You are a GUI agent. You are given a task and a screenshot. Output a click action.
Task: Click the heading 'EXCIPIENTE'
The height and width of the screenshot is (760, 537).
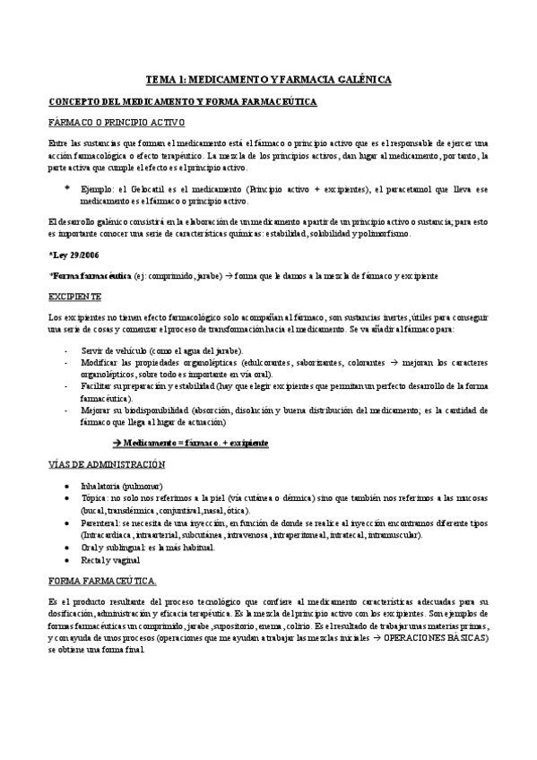pyautogui.click(x=74, y=296)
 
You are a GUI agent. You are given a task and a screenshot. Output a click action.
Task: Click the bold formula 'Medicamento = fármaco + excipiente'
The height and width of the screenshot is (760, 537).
pyautogui.click(x=191, y=443)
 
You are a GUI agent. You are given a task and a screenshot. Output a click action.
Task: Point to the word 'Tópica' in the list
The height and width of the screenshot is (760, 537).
pyautogui.click(x=92, y=497)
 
